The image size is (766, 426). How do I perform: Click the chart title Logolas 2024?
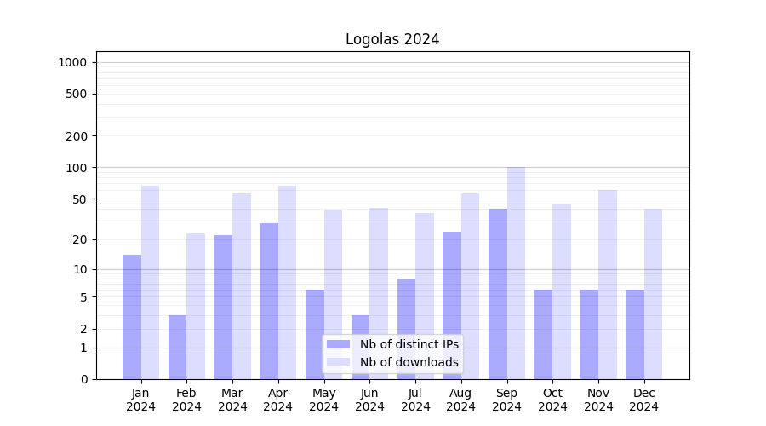(x=392, y=39)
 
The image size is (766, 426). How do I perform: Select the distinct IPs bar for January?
(x=132, y=317)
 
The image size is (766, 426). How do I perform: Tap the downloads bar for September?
(x=516, y=273)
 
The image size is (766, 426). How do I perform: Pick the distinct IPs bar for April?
(x=269, y=301)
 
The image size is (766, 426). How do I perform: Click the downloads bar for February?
(x=196, y=306)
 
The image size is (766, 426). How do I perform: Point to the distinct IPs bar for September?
(x=498, y=294)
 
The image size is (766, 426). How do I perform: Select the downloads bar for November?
(x=608, y=285)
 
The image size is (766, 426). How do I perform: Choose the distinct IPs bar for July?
(x=406, y=329)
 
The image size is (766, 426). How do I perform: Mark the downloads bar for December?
(x=653, y=294)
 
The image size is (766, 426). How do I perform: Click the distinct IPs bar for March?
(x=223, y=307)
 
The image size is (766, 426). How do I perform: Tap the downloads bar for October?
(x=562, y=291)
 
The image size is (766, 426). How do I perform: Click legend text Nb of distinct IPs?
(x=409, y=344)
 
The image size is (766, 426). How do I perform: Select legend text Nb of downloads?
(x=409, y=362)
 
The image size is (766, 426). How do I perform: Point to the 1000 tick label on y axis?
(x=72, y=62)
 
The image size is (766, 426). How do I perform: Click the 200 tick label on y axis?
(x=77, y=136)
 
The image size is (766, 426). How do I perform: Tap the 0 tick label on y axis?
(x=83, y=379)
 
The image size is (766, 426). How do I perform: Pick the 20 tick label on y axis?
(x=80, y=239)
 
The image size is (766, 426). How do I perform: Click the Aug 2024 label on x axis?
(x=461, y=400)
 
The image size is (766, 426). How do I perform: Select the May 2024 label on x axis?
(x=324, y=400)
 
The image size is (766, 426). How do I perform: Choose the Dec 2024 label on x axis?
(x=644, y=400)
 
